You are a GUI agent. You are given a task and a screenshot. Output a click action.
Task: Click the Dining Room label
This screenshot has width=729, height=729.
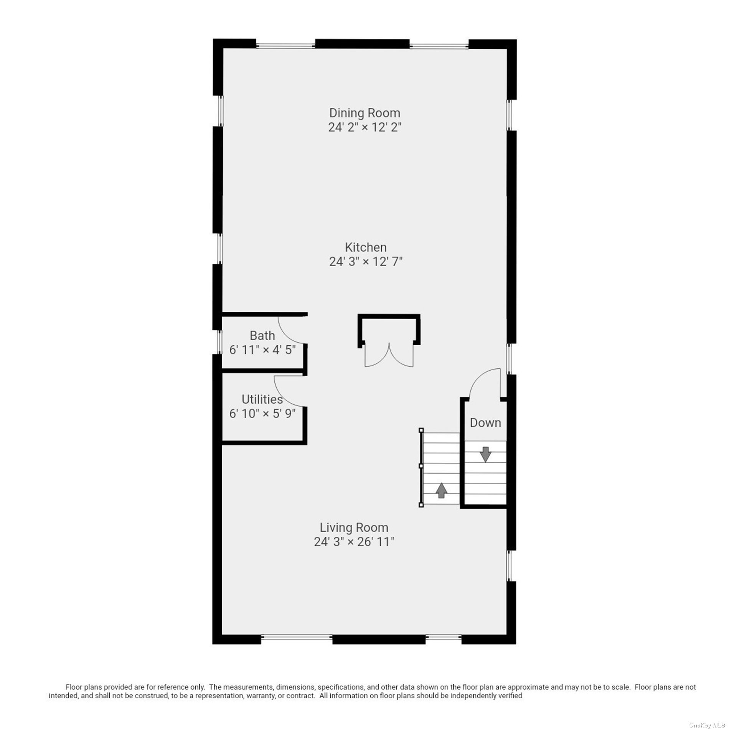coord(364,113)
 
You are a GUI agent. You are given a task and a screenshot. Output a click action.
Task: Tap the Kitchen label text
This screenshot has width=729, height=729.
coord(366,247)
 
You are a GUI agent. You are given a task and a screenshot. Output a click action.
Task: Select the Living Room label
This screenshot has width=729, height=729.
coord(354,528)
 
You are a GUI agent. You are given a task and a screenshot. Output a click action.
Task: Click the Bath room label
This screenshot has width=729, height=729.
coord(262,336)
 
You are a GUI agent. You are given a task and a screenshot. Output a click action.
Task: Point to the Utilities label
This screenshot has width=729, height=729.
coord(262,399)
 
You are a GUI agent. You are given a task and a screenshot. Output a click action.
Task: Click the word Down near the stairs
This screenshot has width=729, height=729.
coord(485,423)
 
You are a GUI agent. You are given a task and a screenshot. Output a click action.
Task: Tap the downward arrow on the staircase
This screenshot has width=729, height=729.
coord(486,454)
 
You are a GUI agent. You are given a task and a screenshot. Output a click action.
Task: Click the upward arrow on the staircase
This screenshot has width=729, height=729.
coord(441,490)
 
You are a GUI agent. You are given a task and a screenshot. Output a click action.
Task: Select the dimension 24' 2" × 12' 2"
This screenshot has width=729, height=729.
coord(364,127)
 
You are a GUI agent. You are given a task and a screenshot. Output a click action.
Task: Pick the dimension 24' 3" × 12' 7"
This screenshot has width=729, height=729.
coord(366,262)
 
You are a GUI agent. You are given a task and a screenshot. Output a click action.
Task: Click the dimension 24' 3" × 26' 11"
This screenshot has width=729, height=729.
coord(354,542)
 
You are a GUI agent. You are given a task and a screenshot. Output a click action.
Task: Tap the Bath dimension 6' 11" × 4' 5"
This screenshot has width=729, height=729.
coord(262,350)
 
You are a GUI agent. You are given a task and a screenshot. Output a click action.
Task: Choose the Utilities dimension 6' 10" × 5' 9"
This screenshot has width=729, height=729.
coord(262,414)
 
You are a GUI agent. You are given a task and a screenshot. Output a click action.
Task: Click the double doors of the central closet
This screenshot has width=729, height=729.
coord(389,355)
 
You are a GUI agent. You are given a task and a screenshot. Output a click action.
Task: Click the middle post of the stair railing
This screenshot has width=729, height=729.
coord(421,466)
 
